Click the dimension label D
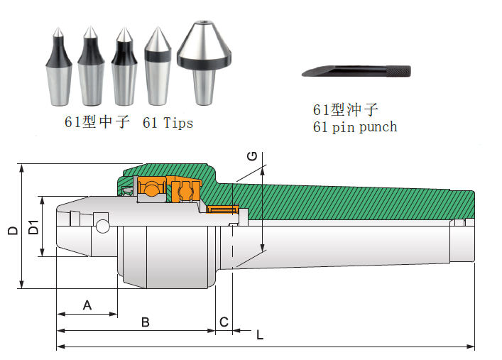point(12,231)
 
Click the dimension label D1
point(33,228)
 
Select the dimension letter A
point(87,305)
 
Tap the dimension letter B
point(145,322)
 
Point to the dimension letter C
point(223,322)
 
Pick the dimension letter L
point(260,335)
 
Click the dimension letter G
point(251,156)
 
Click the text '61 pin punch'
point(355,127)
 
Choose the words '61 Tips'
point(168,123)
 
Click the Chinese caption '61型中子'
point(97,122)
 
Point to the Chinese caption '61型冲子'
point(346,109)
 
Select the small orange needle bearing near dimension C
point(224,209)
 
